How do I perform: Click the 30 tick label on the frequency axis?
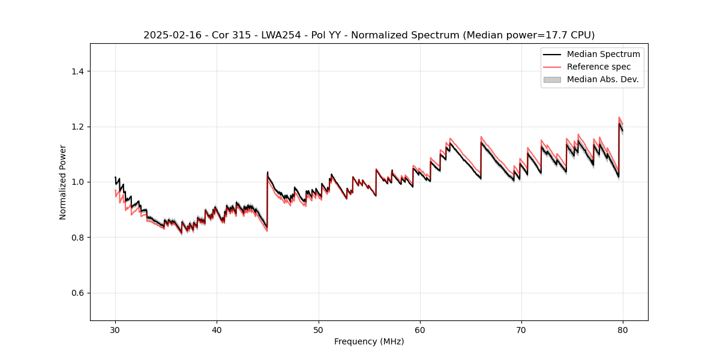point(115,329)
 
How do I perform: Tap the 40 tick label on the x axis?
point(217,329)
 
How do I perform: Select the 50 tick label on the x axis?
point(319,329)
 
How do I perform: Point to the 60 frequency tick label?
point(420,329)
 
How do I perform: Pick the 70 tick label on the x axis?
point(521,329)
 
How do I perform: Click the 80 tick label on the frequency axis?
point(623,329)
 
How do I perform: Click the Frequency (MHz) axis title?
point(369,341)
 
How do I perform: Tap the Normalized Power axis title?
point(63,182)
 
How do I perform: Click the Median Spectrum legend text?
point(603,54)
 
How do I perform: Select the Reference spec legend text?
point(599,67)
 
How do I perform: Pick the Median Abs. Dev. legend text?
point(602,79)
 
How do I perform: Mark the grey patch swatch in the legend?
point(552,79)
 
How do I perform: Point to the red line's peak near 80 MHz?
point(619,118)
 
